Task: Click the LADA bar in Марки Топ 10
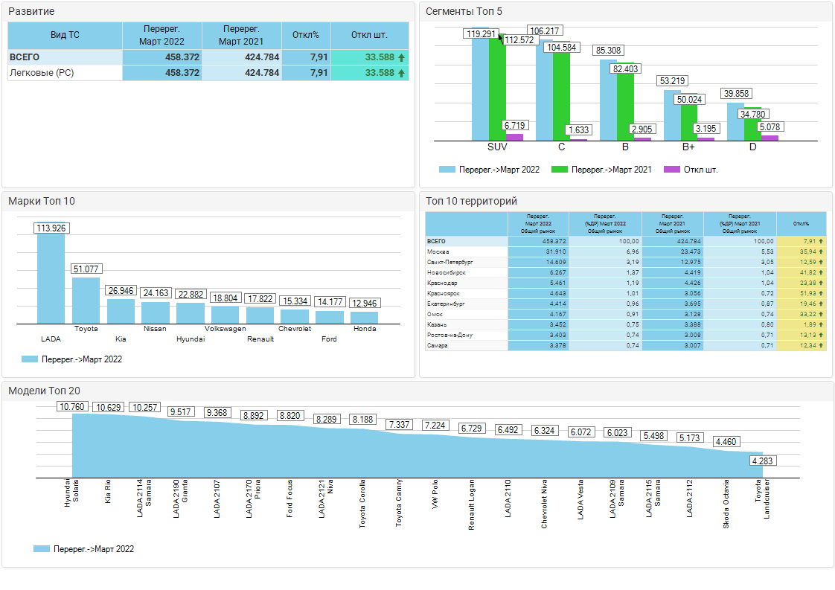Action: pos(51,279)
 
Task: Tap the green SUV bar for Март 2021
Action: pos(497,89)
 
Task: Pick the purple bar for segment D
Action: pos(770,137)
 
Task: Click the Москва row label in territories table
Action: pos(438,251)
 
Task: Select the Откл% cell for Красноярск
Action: pos(801,293)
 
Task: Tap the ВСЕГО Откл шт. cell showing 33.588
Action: pos(370,57)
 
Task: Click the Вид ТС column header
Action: pos(65,35)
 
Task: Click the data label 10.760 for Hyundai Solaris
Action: pos(72,407)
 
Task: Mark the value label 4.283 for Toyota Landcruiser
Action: pos(763,461)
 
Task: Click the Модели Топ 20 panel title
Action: pos(45,391)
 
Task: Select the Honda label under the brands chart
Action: pos(365,329)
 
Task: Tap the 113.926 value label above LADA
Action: pos(51,228)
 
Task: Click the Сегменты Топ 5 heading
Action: pos(464,11)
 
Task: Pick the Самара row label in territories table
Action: pos(438,345)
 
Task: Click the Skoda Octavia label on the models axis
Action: pos(726,504)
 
